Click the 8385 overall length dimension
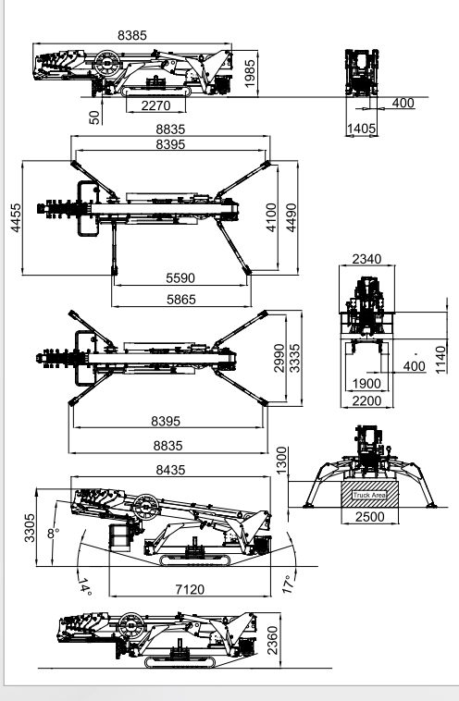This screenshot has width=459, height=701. coord(132,35)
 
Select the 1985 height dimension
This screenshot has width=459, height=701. coord(250,73)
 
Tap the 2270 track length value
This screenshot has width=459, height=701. coord(156,105)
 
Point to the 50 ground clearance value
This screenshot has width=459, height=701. coord(94,117)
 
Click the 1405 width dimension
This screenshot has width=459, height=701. coord(362,129)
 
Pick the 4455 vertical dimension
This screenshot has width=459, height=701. coord(16,217)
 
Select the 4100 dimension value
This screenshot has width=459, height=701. coord(271,217)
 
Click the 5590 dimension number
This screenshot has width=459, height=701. coord(180,278)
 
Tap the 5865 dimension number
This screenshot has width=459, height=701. coord(181,299)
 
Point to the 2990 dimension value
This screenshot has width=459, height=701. coord(279,358)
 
